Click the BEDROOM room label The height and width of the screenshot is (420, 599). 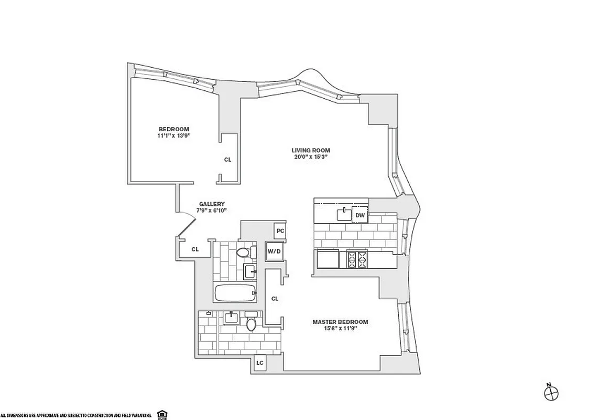pyautogui.click(x=173, y=129)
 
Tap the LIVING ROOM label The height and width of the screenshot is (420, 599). pyautogui.click(x=311, y=150)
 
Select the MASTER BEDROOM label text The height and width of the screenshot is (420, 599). pyautogui.click(x=340, y=322)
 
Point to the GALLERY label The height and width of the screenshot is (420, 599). pyautogui.click(x=212, y=204)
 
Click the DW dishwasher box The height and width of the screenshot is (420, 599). pyautogui.click(x=360, y=215)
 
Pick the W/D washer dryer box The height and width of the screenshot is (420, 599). pyautogui.click(x=274, y=250)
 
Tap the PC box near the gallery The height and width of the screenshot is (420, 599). pyautogui.click(x=280, y=230)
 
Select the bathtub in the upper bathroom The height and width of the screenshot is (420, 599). pyautogui.click(x=235, y=292)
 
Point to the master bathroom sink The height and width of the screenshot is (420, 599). pyautogui.click(x=231, y=317)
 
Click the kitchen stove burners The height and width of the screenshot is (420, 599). pyautogui.click(x=357, y=259)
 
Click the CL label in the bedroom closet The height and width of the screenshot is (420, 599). pyautogui.click(x=227, y=159)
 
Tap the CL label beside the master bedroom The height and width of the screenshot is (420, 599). pyautogui.click(x=275, y=299)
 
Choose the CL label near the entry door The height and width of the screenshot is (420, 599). pyautogui.click(x=194, y=249)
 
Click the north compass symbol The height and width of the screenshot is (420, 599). pyautogui.click(x=552, y=392)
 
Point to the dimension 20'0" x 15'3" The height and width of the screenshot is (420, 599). pyautogui.click(x=311, y=157)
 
